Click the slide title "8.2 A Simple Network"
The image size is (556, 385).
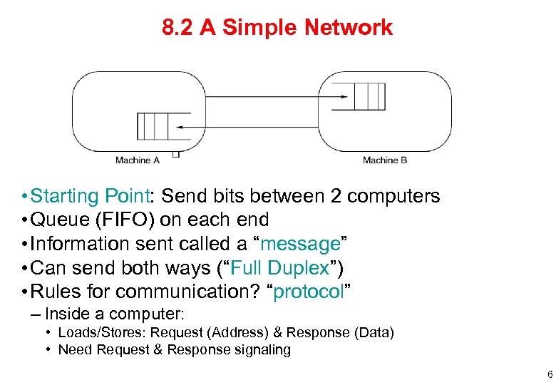point(277,28)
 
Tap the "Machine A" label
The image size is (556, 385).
point(138,160)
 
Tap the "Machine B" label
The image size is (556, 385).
point(385,160)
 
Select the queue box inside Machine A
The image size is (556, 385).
point(152,126)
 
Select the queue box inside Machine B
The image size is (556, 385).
point(369,96)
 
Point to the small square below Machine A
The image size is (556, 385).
point(175,153)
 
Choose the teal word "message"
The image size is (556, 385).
point(299,245)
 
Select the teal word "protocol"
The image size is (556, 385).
point(309,292)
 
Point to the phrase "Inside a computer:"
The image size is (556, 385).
point(114,314)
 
